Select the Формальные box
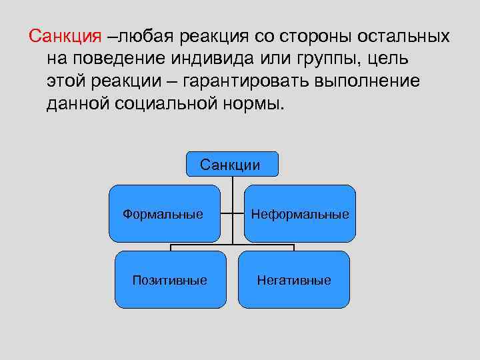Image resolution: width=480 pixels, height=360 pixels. (x=164, y=213)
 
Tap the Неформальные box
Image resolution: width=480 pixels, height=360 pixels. (x=300, y=213)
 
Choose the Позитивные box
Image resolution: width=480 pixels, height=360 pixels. (x=170, y=279)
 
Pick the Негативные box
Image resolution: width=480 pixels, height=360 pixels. (x=294, y=279)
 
